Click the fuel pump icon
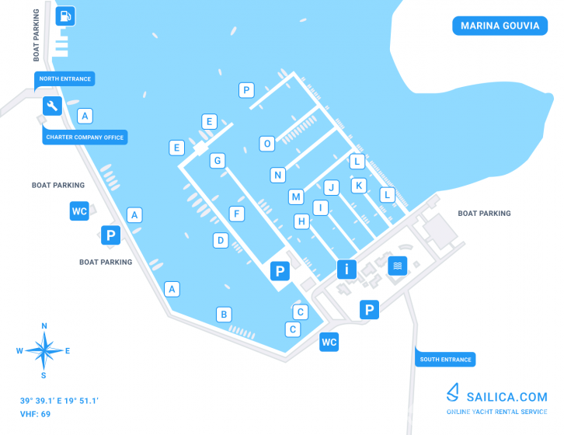pos(65,16)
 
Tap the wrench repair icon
pos(53,106)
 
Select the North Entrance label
pos(64,79)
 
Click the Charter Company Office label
pos(85,137)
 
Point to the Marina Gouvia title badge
pos(500,26)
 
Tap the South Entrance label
pos(445,360)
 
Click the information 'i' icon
pos(346,269)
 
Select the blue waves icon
pos(398,266)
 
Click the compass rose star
pos(44,350)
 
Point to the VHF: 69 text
pos(35,414)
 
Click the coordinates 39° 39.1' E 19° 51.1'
pos(59,401)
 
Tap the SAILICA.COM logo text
pos(507,397)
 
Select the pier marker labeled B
pos(224,315)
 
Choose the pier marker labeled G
pos(218,161)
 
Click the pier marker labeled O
pos(267,144)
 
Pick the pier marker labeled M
pos(296,197)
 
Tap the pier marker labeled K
pos(359,186)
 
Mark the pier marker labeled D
pos(221,240)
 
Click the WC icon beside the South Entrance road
pos(329,342)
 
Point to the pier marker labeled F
pos(237,214)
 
